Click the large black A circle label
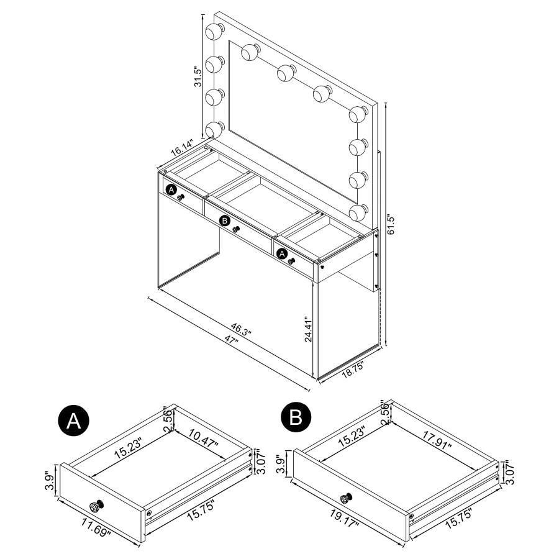(73, 420)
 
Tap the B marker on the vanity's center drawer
(225, 220)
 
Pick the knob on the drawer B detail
(347, 497)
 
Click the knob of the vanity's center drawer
(237, 229)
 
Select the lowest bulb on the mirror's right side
(357, 212)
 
